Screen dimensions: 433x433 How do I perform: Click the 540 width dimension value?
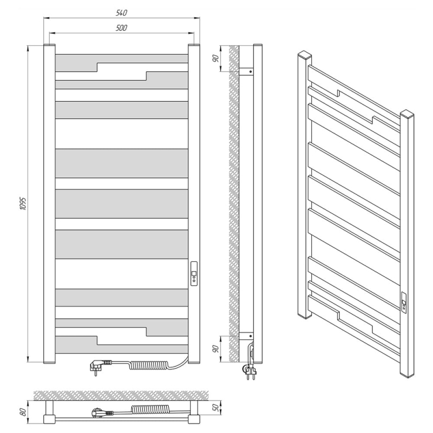point(121,13)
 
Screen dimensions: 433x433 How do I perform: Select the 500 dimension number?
point(121,28)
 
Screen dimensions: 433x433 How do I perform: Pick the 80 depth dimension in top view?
point(24,412)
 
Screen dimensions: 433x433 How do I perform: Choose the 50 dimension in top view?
point(217,408)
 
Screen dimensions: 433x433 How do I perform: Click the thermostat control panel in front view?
point(194,273)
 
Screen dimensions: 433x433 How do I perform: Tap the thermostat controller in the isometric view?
point(404,303)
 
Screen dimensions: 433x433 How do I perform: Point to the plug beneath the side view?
point(249,371)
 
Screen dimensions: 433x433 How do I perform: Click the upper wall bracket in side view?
point(246,72)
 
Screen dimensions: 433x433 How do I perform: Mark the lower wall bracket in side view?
point(246,336)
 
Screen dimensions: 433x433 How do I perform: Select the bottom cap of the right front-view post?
point(194,362)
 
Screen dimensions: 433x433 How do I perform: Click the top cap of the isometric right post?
point(407,113)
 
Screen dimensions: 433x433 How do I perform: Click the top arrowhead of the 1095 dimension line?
point(28,49)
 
